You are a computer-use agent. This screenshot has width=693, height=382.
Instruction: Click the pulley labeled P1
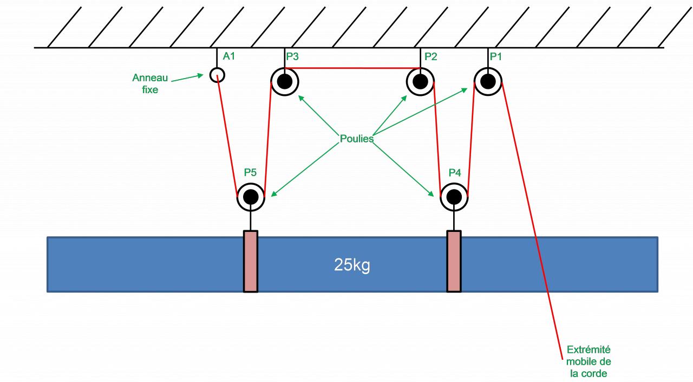[488, 81]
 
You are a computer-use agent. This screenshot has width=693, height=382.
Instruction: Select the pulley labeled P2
[420, 82]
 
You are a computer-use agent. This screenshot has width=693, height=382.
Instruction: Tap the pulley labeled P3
[285, 82]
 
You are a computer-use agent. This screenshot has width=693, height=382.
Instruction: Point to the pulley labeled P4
[454, 196]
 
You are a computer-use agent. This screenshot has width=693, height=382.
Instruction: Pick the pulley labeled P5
[251, 196]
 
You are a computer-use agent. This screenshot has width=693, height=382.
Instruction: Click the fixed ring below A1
[217, 74]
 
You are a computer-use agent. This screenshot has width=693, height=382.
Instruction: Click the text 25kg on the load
[352, 266]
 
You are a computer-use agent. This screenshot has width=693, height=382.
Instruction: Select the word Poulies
[357, 138]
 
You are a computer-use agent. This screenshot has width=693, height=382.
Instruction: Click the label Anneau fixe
[150, 84]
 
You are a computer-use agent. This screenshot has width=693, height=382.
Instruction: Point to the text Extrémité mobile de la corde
[589, 361]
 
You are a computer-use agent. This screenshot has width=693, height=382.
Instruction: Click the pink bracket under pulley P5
[251, 261]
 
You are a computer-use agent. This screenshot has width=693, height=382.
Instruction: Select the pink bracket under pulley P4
[454, 261]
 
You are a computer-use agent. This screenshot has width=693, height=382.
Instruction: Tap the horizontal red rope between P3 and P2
[352, 68]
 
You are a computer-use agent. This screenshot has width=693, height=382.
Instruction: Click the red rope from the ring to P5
[227, 135]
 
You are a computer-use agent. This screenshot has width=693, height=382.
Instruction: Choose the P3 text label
[292, 56]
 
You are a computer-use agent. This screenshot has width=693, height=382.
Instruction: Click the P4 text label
[455, 173]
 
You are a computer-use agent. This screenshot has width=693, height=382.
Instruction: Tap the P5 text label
[250, 173]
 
